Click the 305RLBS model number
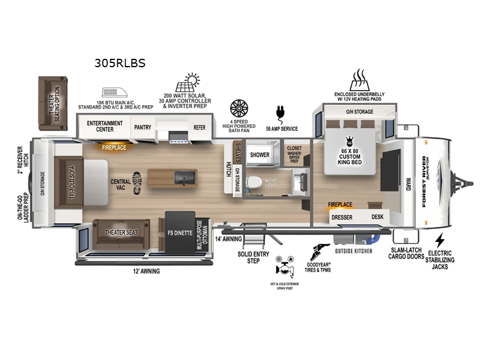(120, 62)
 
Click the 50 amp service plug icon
(279, 112)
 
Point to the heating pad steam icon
(359, 79)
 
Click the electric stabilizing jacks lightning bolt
(440, 239)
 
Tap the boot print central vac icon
(136, 179)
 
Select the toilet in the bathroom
(255, 181)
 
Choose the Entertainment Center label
(104, 125)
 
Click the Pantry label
(143, 127)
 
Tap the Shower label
(259, 154)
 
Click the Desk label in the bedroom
(377, 217)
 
